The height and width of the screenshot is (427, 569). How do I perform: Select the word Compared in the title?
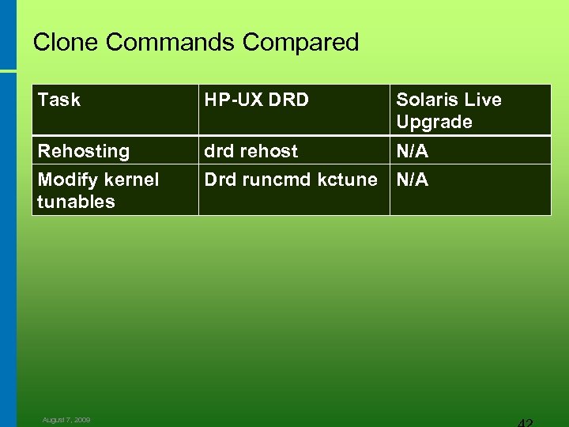coord(301,43)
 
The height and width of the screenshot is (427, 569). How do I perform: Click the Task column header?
coord(59,100)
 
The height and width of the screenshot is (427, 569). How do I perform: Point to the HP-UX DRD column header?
coord(257,100)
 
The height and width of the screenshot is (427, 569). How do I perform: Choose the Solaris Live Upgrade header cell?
coord(448,111)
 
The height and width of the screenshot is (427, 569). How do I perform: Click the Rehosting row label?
coord(84,151)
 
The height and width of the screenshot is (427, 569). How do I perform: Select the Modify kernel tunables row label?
coord(98,191)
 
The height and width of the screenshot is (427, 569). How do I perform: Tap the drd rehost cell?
coord(251,151)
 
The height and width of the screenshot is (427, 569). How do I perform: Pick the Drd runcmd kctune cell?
coord(291,179)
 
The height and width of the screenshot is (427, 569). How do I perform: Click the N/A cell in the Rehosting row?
coord(413,151)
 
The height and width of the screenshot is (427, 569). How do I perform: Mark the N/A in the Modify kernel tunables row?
coord(413,179)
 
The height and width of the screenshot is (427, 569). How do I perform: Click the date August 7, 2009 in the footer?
coord(66,420)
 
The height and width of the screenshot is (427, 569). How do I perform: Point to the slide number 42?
coord(521,421)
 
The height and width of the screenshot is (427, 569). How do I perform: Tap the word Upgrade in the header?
coord(434,122)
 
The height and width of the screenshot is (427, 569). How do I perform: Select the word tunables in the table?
coord(76,202)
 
